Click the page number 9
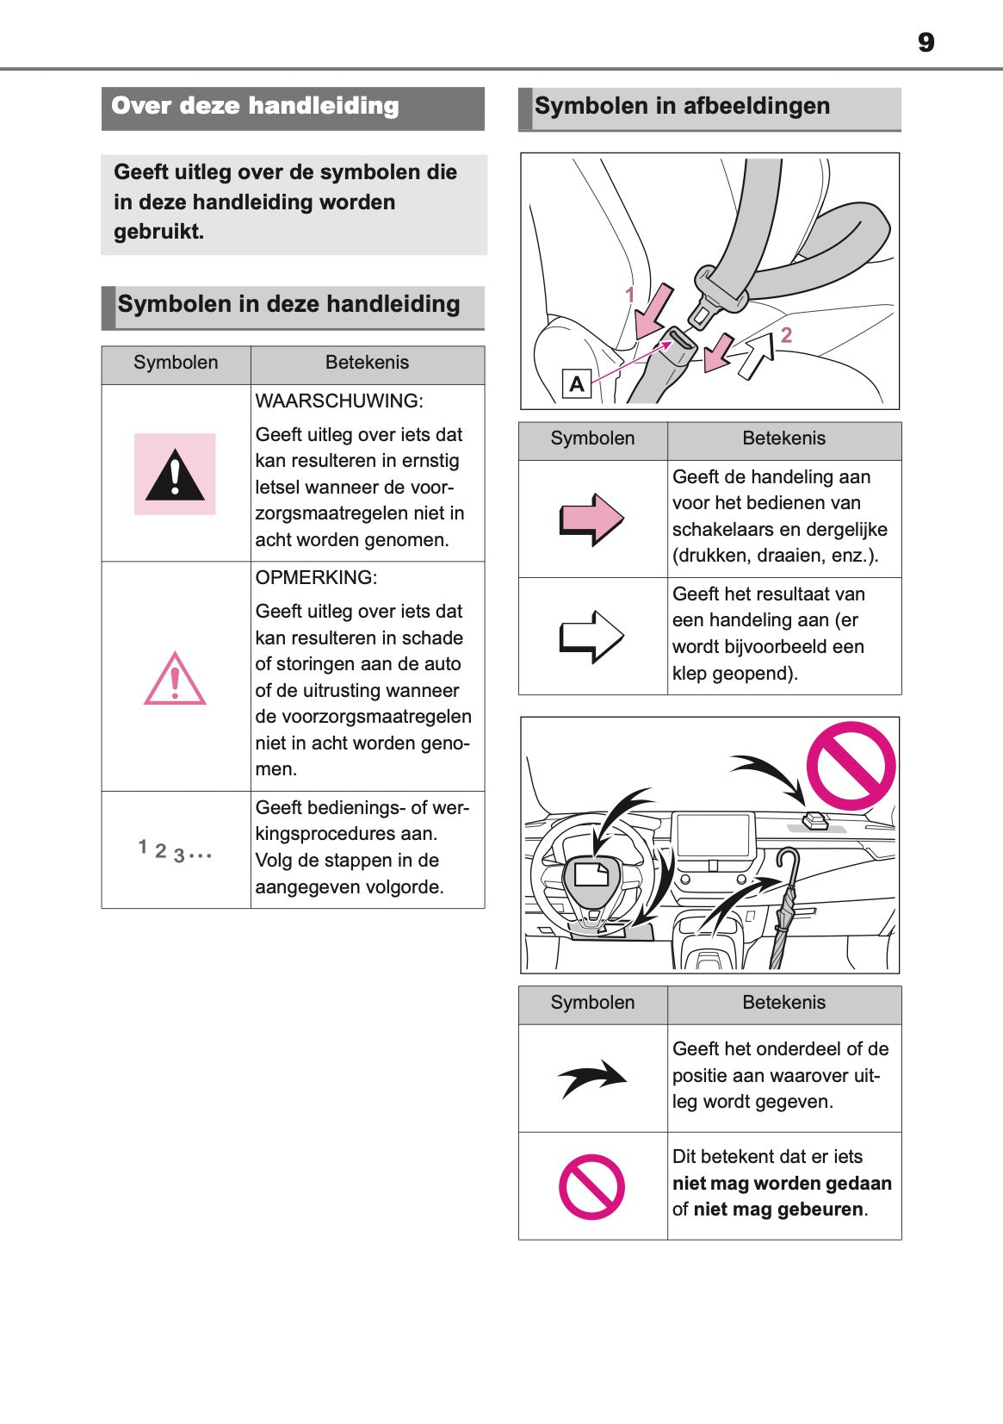pos(926,42)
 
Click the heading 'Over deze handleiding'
pos(255,106)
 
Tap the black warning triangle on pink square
pos(175,475)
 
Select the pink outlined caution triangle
pos(175,680)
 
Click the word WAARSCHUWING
pos(338,401)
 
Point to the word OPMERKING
pos(316,577)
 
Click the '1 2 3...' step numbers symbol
pos(175,851)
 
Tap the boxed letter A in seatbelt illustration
pos(576,383)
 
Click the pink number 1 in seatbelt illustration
pos(629,295)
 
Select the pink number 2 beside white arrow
pos(786,335)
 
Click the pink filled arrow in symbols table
pos(591,519)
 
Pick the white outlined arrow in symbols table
pos(591,637)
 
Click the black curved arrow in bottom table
pos(591,1078)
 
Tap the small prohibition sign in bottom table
pos(591,1186)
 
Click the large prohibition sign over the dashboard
pos(850,766)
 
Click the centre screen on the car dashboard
pos(714,834)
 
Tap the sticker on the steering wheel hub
pos(591,874)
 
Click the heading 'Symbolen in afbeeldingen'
pos(682,106)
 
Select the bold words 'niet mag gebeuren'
pos(778,1209)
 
